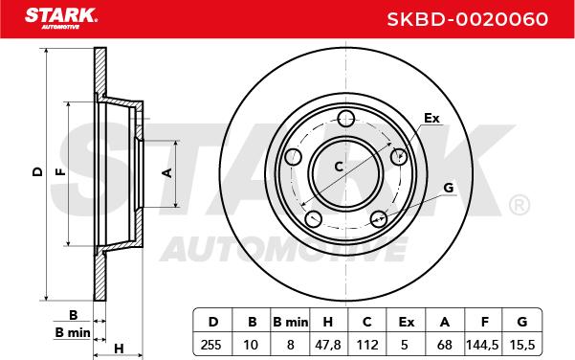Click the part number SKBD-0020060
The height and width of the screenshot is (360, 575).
pos(468,19)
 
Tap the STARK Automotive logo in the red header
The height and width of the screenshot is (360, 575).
pos(61,18)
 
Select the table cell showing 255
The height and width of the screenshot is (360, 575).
pos(211,345)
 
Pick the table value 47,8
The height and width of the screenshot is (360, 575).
pos(327,345)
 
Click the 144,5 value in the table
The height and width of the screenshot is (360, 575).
pos(482,345)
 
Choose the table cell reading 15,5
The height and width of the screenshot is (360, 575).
pos(522,345)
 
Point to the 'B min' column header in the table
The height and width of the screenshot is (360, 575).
pos(291,323)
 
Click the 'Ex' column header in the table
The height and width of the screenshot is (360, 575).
pos(406,323)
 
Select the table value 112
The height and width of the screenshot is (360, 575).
pos(367,345)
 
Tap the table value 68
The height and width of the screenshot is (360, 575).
pos(445,345)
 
